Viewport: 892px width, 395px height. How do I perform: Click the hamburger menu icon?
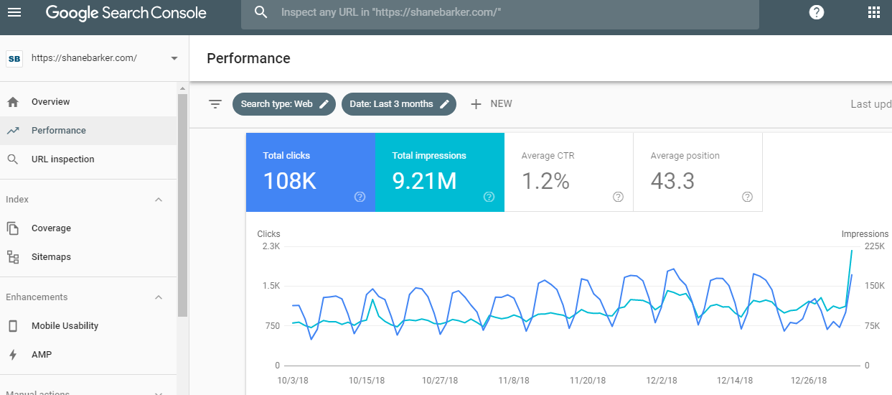(x=14, y=13)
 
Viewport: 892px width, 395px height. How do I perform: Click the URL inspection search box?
(x=499, y=13)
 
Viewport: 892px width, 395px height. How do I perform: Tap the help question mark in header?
(x=816, y=12)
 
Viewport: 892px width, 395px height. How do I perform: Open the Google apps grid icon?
(x=873, y=12)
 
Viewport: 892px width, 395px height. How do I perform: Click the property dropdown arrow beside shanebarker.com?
(x=174, y=58)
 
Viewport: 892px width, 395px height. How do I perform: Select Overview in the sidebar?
(x=50, y=102)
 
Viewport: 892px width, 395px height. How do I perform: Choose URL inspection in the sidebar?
(x=62, y=159)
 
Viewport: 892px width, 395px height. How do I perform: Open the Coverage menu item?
(x=51, y=228)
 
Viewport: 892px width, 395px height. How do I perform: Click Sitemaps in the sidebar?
(x=51, y=257)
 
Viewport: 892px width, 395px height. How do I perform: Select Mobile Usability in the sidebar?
(x=65, y=326)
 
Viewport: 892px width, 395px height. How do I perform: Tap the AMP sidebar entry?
(x=42, y=355)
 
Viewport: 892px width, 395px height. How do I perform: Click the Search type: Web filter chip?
(x=283, y=104)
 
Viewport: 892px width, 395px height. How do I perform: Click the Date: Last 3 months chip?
(x=398, y=104)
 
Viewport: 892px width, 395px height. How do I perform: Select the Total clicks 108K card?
(x=310, y=172)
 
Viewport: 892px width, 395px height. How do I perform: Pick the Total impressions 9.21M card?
(x=439, y=172)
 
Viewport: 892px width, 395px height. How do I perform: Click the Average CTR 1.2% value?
(x=545, y=181)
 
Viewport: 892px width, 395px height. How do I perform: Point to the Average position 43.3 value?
(x=672, y=181)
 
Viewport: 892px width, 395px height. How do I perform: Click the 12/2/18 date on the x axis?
(x=662, y=381)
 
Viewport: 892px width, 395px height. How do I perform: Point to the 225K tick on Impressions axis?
(x=874, y=246)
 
